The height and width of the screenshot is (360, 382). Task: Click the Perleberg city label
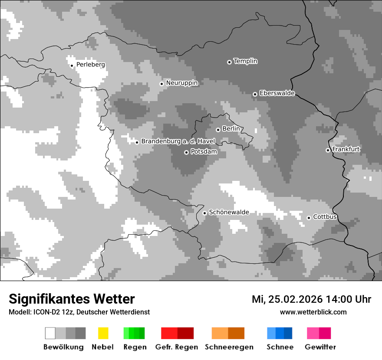click(x=90, y=65)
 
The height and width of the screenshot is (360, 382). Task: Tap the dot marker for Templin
click(x=229, y=62)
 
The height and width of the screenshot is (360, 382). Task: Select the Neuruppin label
click(x=181, y=83)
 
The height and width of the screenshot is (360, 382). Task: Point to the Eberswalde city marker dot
click(x=255, y=94)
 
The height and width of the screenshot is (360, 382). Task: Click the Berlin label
click(x=231, y=129)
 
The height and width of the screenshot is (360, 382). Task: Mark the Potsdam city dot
click(x=186, y=152)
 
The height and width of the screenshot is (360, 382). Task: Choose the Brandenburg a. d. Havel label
click(x=178, y=141)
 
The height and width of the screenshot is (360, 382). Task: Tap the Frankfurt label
click(x=346, y=149)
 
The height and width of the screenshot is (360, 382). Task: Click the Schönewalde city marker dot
click(x=204, y=213)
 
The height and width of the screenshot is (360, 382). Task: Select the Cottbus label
click(x=325, y=217)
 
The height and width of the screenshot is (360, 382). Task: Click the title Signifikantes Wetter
click(x=72, y=299)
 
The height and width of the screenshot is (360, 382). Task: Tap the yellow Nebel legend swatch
click(x=103, y=333)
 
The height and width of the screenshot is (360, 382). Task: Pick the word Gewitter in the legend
click(x=320, y=347)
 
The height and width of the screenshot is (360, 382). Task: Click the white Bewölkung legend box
click(x=50, y=333)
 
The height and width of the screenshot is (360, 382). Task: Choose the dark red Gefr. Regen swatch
click(x=185, y=333)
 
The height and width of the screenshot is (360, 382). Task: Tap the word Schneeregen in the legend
click(x=229, y=347)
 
